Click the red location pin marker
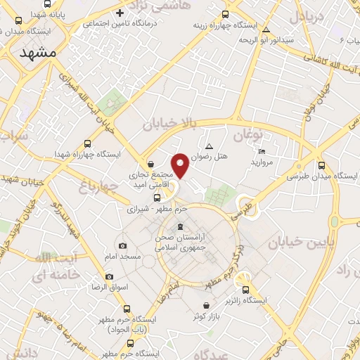click(181, 165)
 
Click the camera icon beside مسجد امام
click(123, 246)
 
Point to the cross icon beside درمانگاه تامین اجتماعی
click(120, 13)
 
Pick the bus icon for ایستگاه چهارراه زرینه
click(226, 14)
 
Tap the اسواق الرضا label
click(107, 288)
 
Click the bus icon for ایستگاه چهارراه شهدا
click(87, 143)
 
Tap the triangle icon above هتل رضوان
click(209, 146)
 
